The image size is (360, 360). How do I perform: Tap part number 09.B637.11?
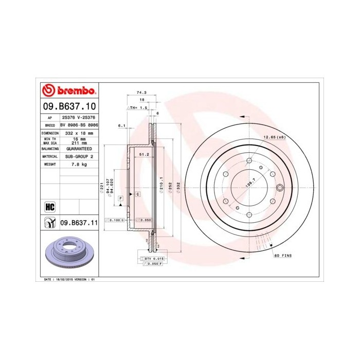[79, 222]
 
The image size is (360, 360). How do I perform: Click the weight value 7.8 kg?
[79, 164]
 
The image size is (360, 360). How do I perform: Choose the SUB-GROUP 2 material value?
[79, 156]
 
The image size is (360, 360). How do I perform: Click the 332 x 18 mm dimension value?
[79, 133]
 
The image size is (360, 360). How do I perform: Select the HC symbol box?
[50, 207]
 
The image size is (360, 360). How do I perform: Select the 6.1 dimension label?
[121, 125]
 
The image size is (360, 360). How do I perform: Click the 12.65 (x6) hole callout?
[274, 137]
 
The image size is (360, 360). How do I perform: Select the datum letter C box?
[138, 194]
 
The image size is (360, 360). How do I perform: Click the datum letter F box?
[120, 198]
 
